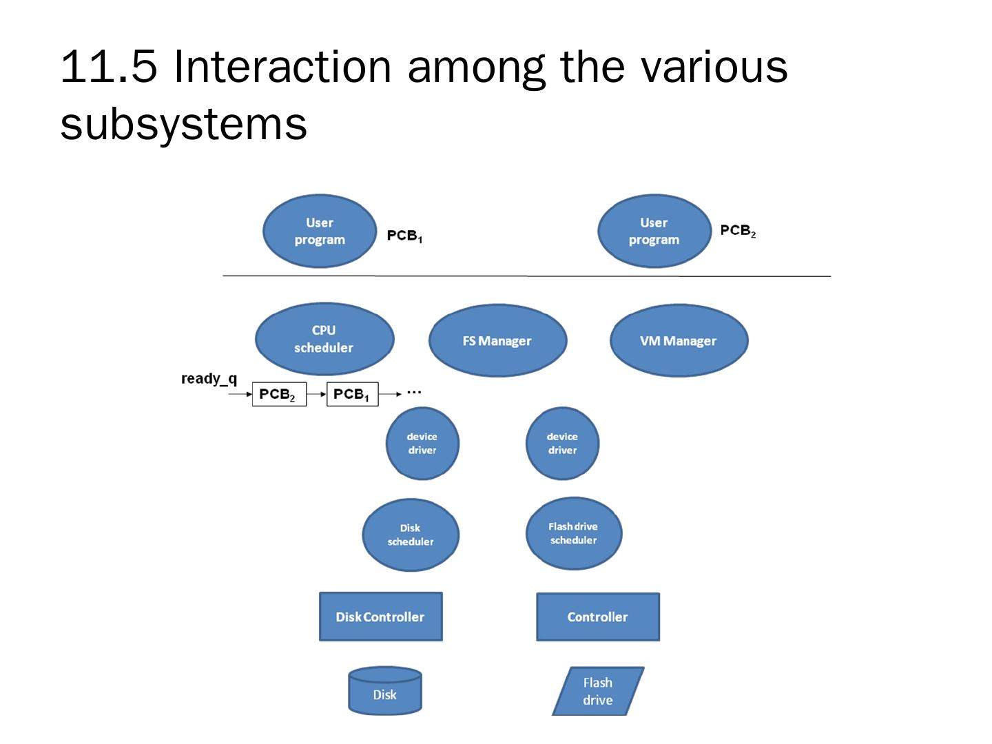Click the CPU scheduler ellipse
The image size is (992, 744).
coord(324,339)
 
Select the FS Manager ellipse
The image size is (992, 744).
coord(497,340)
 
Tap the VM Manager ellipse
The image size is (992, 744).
coord(679,340)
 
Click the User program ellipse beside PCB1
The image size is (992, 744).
coord(320,231)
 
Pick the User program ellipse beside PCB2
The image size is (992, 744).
coord(654,231)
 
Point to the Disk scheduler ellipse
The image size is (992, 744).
coord(411,535)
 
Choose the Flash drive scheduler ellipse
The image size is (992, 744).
coord(574,533)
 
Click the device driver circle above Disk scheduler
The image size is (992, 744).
coord(422,443)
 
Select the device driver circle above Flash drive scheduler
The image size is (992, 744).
coord(562,443)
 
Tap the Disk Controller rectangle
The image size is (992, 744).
coord(380,616)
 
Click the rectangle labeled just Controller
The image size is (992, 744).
coord(597,617)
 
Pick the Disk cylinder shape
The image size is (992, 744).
coord(385,690)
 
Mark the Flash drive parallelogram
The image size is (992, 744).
coord(598,691)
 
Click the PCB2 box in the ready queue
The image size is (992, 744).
coord(279,394)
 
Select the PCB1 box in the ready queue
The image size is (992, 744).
coord(353,394)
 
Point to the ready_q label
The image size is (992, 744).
coord(209,379)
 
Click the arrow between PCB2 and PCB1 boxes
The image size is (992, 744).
coord(316,394)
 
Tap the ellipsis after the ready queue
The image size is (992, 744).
coord(414,393)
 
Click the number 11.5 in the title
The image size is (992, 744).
coord(108,67)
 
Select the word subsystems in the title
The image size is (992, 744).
coord(183,124)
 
